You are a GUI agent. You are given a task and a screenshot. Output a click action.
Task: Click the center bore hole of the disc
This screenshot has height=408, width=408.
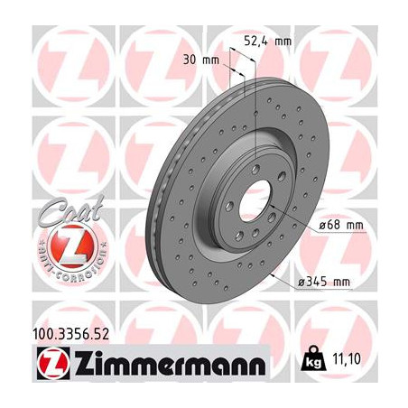click(x=256, y=196)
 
